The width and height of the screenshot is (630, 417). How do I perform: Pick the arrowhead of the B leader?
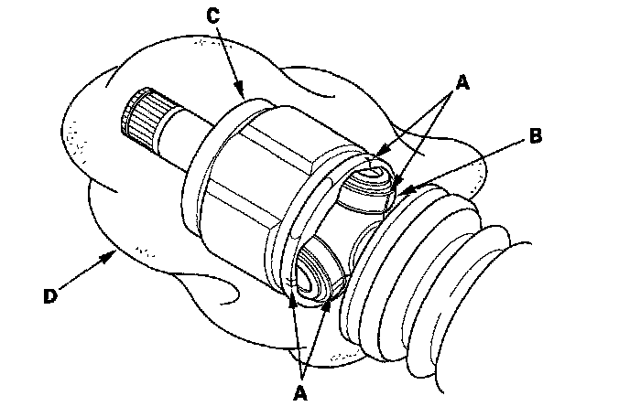404,193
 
